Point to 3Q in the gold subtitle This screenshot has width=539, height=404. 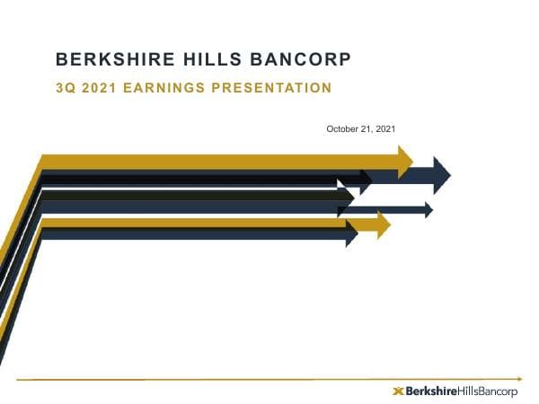pos(66,88)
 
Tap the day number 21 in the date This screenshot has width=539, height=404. pos(367,129)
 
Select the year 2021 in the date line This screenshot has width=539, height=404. pos(385,129)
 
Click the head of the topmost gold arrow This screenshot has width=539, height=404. pos(404,161)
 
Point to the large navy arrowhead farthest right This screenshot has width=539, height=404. pos(441,174)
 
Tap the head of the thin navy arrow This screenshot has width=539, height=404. pos(427,209)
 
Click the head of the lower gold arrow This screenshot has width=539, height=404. pos(384,224)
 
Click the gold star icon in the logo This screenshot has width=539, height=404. pos(399,391)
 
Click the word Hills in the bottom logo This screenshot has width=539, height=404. pos(473,391)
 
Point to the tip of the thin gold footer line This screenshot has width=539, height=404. pos(520,378)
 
